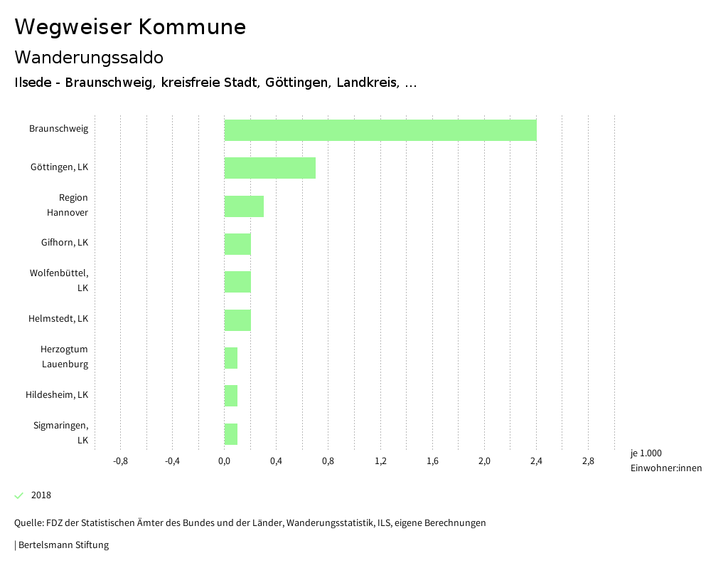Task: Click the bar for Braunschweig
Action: [380, 130]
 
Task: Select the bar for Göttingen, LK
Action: [269, 168]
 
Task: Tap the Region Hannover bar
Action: [244, 206]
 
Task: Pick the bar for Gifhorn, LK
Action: [237, 244]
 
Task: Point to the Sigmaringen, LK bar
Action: [231, 434]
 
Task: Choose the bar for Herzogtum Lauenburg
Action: [231, 358]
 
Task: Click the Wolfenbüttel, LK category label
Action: [59, 280]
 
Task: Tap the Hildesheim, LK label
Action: [57, 394]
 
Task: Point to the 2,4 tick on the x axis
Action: [536, 461]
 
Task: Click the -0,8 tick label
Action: [120, 461]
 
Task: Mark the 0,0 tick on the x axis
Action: [224, 461]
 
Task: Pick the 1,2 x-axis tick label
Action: [380, 461]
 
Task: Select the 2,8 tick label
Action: [588, 461]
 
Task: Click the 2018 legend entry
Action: [41, 495]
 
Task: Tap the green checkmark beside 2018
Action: [19, 495]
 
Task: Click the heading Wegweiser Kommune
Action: [130, 27]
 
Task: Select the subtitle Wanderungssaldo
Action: [89, 57]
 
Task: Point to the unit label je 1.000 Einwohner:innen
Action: [665, 461]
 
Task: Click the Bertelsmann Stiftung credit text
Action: [63, 545]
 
